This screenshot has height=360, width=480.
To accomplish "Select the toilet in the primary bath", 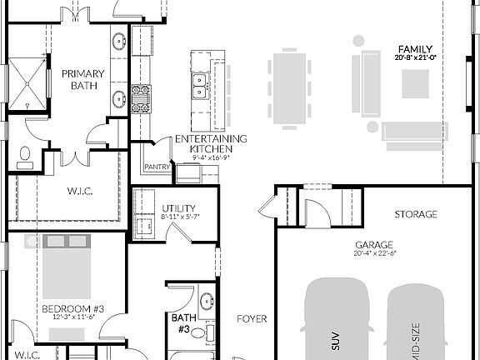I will click(x=25, y=157).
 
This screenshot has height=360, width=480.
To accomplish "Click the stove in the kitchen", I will click(x=141, y=97).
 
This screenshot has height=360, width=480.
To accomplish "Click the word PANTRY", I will click(x=157, y=167).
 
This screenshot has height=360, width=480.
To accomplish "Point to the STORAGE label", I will click(x=416, y=214).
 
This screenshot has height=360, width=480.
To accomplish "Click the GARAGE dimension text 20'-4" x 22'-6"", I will click(x=374, y=253).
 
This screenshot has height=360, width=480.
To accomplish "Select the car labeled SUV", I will click(x=337, y=321).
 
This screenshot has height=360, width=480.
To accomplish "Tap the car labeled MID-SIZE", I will click(x=416, y=325).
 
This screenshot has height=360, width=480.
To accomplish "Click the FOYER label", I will click(x=251, y=318).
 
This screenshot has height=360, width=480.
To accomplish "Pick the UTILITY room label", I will click(x=175, y=210).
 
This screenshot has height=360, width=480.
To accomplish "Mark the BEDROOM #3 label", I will click(x=68, y=309).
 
